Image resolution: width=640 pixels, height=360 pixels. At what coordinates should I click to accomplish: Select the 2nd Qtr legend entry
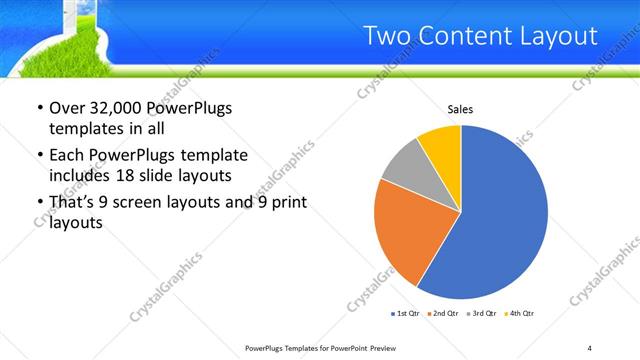point(443,314)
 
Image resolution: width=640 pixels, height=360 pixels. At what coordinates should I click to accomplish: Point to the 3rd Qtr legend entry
point(481,314)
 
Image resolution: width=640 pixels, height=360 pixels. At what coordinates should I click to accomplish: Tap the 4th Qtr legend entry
point(519,314)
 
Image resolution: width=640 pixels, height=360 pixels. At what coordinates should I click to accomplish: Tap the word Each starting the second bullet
point(67,155)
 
